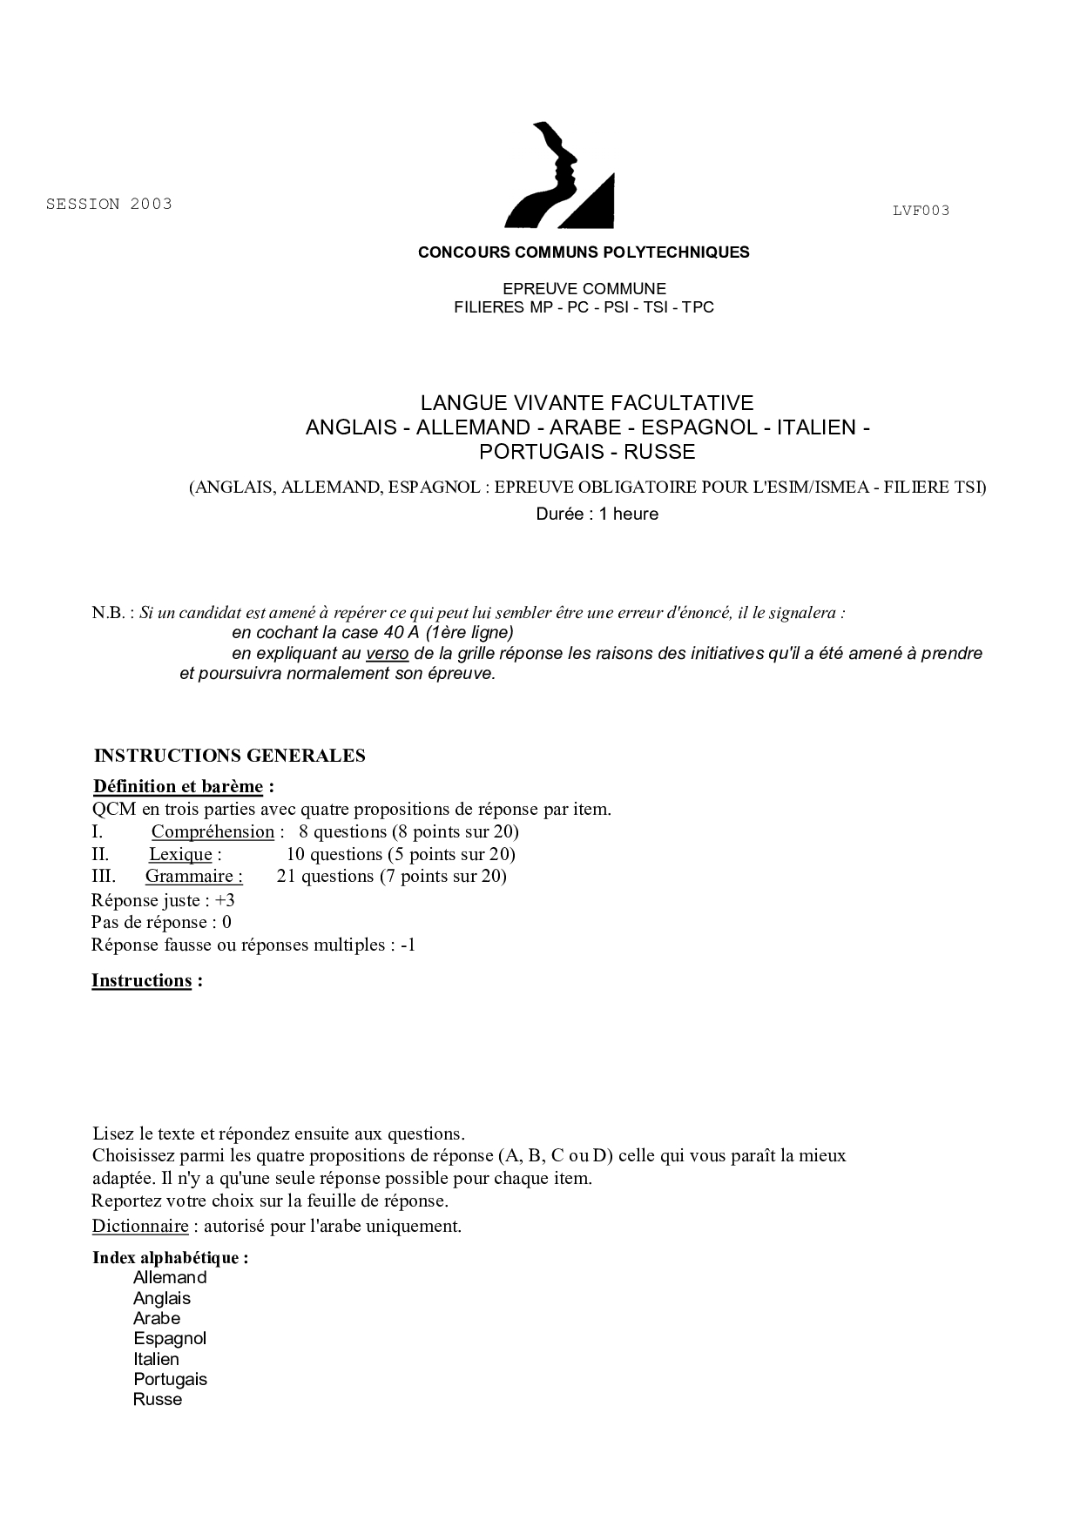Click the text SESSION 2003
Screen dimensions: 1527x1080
click(109, 204)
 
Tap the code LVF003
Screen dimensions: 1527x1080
click(921, 210)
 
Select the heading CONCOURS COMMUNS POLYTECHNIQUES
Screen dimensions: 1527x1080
click(584, 252)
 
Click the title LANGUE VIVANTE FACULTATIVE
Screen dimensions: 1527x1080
click(587, 403)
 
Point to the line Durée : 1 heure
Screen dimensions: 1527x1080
click(597, 514)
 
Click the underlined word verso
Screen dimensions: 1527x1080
click(387, 653)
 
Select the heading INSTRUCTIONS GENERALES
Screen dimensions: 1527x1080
click(229, 756)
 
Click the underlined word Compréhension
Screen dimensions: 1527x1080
click(213, 831)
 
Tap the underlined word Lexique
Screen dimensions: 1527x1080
click(180, 854)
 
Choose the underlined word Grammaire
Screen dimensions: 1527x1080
click(193, 876)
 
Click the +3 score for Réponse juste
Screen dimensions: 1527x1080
click(225, 900)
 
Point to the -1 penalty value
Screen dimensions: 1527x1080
click(408, 945)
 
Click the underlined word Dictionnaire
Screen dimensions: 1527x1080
click(140, 1226)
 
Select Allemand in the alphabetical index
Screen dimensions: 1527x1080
click(170, 1278)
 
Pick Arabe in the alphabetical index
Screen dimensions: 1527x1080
click(157, 1318)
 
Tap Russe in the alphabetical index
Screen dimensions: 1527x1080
click(158, 1399)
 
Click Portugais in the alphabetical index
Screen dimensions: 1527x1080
click(170, 1379)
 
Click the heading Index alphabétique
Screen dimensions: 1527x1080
click(170, 1258)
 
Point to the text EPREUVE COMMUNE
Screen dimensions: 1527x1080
click(584, 288)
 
